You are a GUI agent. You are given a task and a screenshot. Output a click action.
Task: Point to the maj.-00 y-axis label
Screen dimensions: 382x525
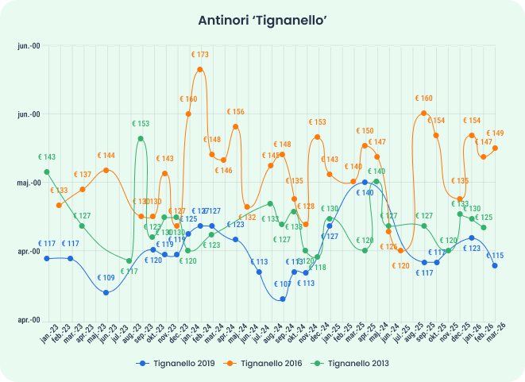pos(29,183)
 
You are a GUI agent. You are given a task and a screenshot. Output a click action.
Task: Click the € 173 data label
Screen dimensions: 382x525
pos(199,55)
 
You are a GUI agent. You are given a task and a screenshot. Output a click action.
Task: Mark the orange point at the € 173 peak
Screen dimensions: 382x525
pos(200,69)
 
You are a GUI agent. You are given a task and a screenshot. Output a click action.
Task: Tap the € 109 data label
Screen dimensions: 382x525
pos(106,278)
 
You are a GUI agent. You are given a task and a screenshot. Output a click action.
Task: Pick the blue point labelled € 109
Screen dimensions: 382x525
pos(106,292)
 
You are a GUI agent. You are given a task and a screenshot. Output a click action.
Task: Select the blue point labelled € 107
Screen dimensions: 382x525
pos(283,299)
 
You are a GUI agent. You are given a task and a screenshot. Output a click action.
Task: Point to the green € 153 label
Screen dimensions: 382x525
pos(141,124)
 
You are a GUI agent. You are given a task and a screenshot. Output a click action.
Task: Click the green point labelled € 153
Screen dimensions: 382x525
pos(141,138)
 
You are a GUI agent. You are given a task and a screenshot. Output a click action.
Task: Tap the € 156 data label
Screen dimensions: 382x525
pos(235,112)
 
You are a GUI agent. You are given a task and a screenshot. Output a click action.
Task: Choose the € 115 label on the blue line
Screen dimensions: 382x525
pos(495,256)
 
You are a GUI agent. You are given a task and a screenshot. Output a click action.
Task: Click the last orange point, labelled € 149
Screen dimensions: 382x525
pos(495,148)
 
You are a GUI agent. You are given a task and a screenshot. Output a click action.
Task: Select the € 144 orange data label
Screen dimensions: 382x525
pos(106,156)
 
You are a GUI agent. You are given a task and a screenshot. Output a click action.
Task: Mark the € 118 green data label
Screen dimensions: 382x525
pos(317,268)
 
